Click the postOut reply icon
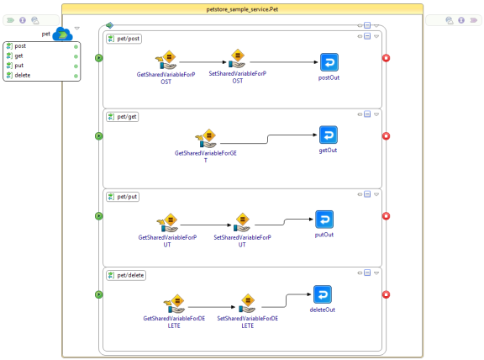(329, 62)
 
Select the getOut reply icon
(329, 135)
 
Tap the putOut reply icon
(324, 220)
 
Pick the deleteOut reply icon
(323, 294)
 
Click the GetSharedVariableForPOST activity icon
(166, 60)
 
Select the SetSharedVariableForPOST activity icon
(237, 59)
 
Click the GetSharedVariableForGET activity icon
(206, 139)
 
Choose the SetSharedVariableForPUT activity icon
(242, 223)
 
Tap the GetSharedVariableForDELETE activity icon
(175, 304)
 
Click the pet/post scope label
(124, 39)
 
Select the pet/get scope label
(123, 117)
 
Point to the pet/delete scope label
(126, 275)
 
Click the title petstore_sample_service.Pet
(242, 9)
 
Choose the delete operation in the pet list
(23, 75)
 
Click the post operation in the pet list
(20, 46)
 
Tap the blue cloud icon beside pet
(63, 34)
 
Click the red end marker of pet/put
(387, 216)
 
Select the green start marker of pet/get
(99, 136)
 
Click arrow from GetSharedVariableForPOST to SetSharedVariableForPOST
(203, 62)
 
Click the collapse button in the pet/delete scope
(367, 273)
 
